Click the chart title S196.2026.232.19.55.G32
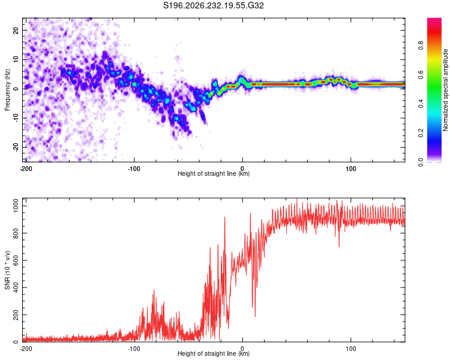pyautogui.click(x=213, y=5)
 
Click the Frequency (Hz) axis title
pyautogui.click(x=7, y=90)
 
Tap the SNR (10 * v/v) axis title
pyautogui.click(x=7, y=270)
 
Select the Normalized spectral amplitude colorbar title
pyautogui.click(x=445, y=90)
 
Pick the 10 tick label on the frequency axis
pyautogui.click(x=16, y=59)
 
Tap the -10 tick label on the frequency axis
pyautogui.click(x=16, y=118)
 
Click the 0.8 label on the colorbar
pyautogui.click(x=421, y=46)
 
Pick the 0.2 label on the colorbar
pyautogui.click(x=421, y=133)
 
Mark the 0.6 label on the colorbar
pyautogui.click(x=421, y=74)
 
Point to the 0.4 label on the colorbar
pyautogui.click(x=421, y=104)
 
